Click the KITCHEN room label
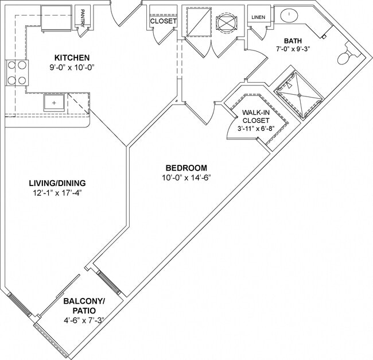point(72,57)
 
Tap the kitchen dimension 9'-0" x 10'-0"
point(72,67)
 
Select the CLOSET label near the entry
point(163,21)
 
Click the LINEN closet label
point(258,17)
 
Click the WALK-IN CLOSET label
point(255,117)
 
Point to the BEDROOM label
point(187,168)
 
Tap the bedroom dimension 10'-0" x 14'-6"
point(187,177)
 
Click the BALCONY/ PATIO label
point(84,305)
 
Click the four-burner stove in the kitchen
point(17,73)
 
